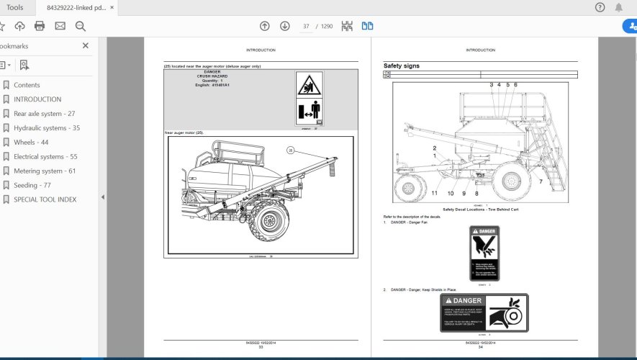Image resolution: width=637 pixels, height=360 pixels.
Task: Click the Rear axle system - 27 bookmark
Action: [x=44, y=114]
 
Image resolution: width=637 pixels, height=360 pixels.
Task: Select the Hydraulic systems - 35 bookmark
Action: [x=46, y=128]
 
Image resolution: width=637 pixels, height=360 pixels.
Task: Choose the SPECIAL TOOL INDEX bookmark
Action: [x=45, y=199]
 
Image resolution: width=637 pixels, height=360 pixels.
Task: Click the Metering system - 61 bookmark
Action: [x=45, y=171]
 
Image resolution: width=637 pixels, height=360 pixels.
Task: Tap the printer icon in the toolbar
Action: [x=40, y=26]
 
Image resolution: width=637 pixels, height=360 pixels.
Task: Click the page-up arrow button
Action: [x=265, y=26]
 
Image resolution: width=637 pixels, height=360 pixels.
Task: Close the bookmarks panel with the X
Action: [x=86, y=45]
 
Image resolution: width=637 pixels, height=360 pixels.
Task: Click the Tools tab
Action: [x=14, y=7]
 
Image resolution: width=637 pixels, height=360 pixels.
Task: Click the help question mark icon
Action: [x=600, y=7]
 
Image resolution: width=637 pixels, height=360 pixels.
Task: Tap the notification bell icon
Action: [x=619, y=7]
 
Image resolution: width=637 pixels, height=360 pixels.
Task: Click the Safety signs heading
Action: [x=402, y=66]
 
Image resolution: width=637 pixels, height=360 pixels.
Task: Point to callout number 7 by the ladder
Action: [x=541, y=181]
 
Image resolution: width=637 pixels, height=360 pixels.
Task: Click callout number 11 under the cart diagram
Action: [x=435, y=193]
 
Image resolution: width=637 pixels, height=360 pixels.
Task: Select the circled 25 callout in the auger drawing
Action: [x=291, y=150]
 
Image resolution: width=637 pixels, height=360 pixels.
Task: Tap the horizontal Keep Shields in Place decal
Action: [x=484, y=312]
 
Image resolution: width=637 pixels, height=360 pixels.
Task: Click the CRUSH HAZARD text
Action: [x=212, y=76]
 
